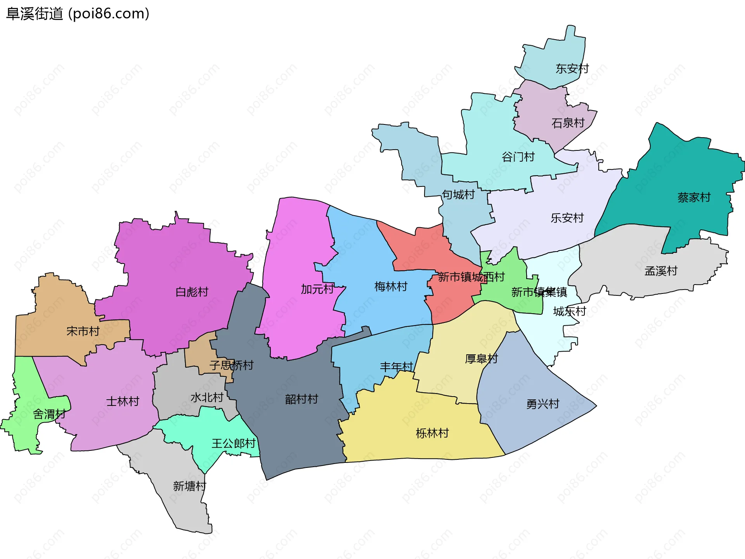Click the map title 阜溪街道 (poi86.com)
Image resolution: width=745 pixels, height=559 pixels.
[x=78, y=14]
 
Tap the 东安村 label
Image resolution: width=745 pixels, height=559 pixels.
[x=572, y=69]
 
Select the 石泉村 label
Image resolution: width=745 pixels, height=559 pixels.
[x=568, y=123]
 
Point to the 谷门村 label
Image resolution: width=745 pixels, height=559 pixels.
[x=518, y=157]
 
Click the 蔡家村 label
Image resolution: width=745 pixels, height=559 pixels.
[x=694, y=198]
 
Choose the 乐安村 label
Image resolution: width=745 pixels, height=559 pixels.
[x=567, y=218]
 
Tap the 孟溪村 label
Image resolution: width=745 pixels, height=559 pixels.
[x=661, y=271]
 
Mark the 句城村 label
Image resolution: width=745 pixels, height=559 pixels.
[x=458, y=195]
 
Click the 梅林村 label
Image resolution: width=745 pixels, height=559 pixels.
[x=391, y=287]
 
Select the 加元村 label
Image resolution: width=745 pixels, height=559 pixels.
[x=317, y=289]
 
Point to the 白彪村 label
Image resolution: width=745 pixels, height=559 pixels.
[x=192, y=292]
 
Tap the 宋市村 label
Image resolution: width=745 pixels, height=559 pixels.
[x=83, y=331]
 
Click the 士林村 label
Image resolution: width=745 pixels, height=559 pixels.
[x=123, y=402]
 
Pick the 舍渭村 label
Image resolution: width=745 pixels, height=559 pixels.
[x=49, y=414]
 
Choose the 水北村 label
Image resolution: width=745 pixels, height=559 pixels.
[x=207, y=398]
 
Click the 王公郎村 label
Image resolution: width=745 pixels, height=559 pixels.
[x=234, y=443]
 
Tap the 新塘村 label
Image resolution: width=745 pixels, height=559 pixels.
[x=189, y=486]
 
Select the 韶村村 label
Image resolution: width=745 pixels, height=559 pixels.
[x=301, y=399]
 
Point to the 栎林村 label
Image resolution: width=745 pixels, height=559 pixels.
[x=432, y=433]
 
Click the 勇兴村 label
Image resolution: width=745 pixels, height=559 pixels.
[x=542, y=404]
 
